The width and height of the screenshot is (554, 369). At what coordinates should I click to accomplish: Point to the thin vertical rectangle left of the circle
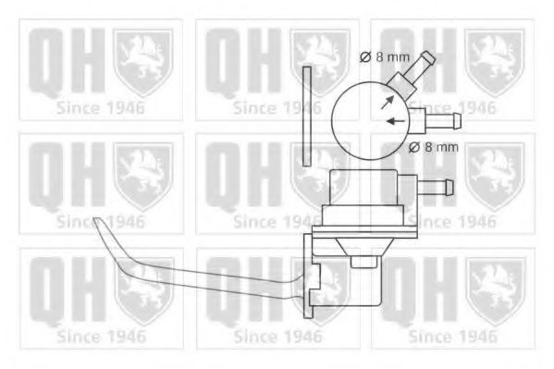click(307, 116)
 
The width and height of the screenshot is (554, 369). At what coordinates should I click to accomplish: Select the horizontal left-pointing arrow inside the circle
click(396, 121)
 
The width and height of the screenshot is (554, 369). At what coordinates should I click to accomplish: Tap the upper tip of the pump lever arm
click(99, 222)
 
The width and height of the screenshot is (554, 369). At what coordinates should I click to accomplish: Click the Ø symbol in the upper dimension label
click(363, 57)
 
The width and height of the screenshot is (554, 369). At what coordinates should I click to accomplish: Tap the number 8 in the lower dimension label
click(425, 145)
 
